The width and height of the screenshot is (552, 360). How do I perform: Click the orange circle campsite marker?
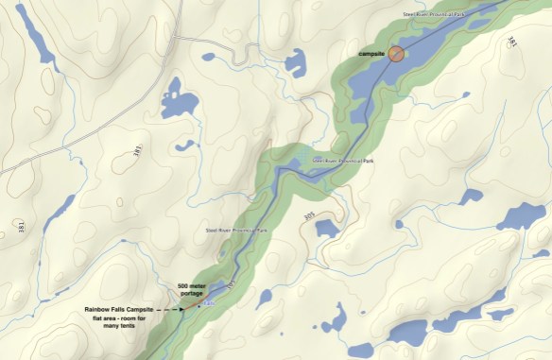(x=396, y=54)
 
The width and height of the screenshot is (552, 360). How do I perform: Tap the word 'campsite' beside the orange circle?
(x=372, y=55)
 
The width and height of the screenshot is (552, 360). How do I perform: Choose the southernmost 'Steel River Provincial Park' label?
(x=238, y=231)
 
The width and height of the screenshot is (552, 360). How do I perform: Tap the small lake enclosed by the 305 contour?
(x=326, y=228)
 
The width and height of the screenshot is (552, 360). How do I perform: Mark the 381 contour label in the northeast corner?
(x=511, y=43)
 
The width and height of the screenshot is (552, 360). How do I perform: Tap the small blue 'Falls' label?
(x=211, y=302)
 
